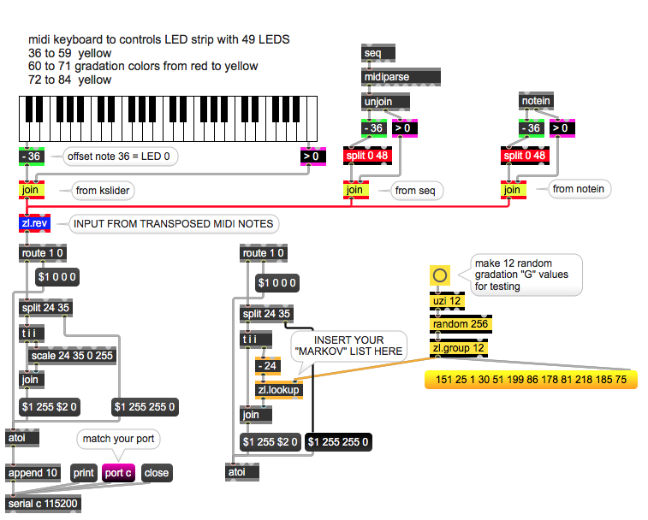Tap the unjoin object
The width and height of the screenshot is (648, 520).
click(385, 102)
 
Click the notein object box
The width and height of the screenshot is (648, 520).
click(536, 102)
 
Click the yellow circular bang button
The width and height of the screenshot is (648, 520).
click(440, 275)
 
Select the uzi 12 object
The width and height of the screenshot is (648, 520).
click(448, 301)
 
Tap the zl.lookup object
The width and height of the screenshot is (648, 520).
click(278, 391)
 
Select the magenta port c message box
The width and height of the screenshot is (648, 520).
click(118, 472)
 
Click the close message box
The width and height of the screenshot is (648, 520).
click(157, 472)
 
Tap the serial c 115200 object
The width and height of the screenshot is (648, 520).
click(44, 504)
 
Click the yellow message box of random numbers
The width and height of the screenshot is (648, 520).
click(531, 379)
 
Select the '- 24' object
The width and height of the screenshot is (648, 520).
click(269, 366)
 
